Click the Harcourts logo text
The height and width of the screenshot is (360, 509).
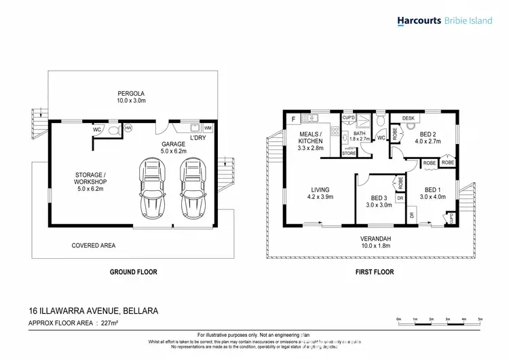pos(419,21)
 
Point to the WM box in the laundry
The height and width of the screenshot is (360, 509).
pos(208,128)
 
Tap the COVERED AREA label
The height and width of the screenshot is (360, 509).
pos(93,245)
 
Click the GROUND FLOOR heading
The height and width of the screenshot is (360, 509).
pos(134,272)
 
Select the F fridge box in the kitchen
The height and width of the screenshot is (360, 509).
pos(293,120)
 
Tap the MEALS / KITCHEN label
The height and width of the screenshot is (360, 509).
pos(310,139)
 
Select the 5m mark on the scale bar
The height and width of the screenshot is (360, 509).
pos(480,318)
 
